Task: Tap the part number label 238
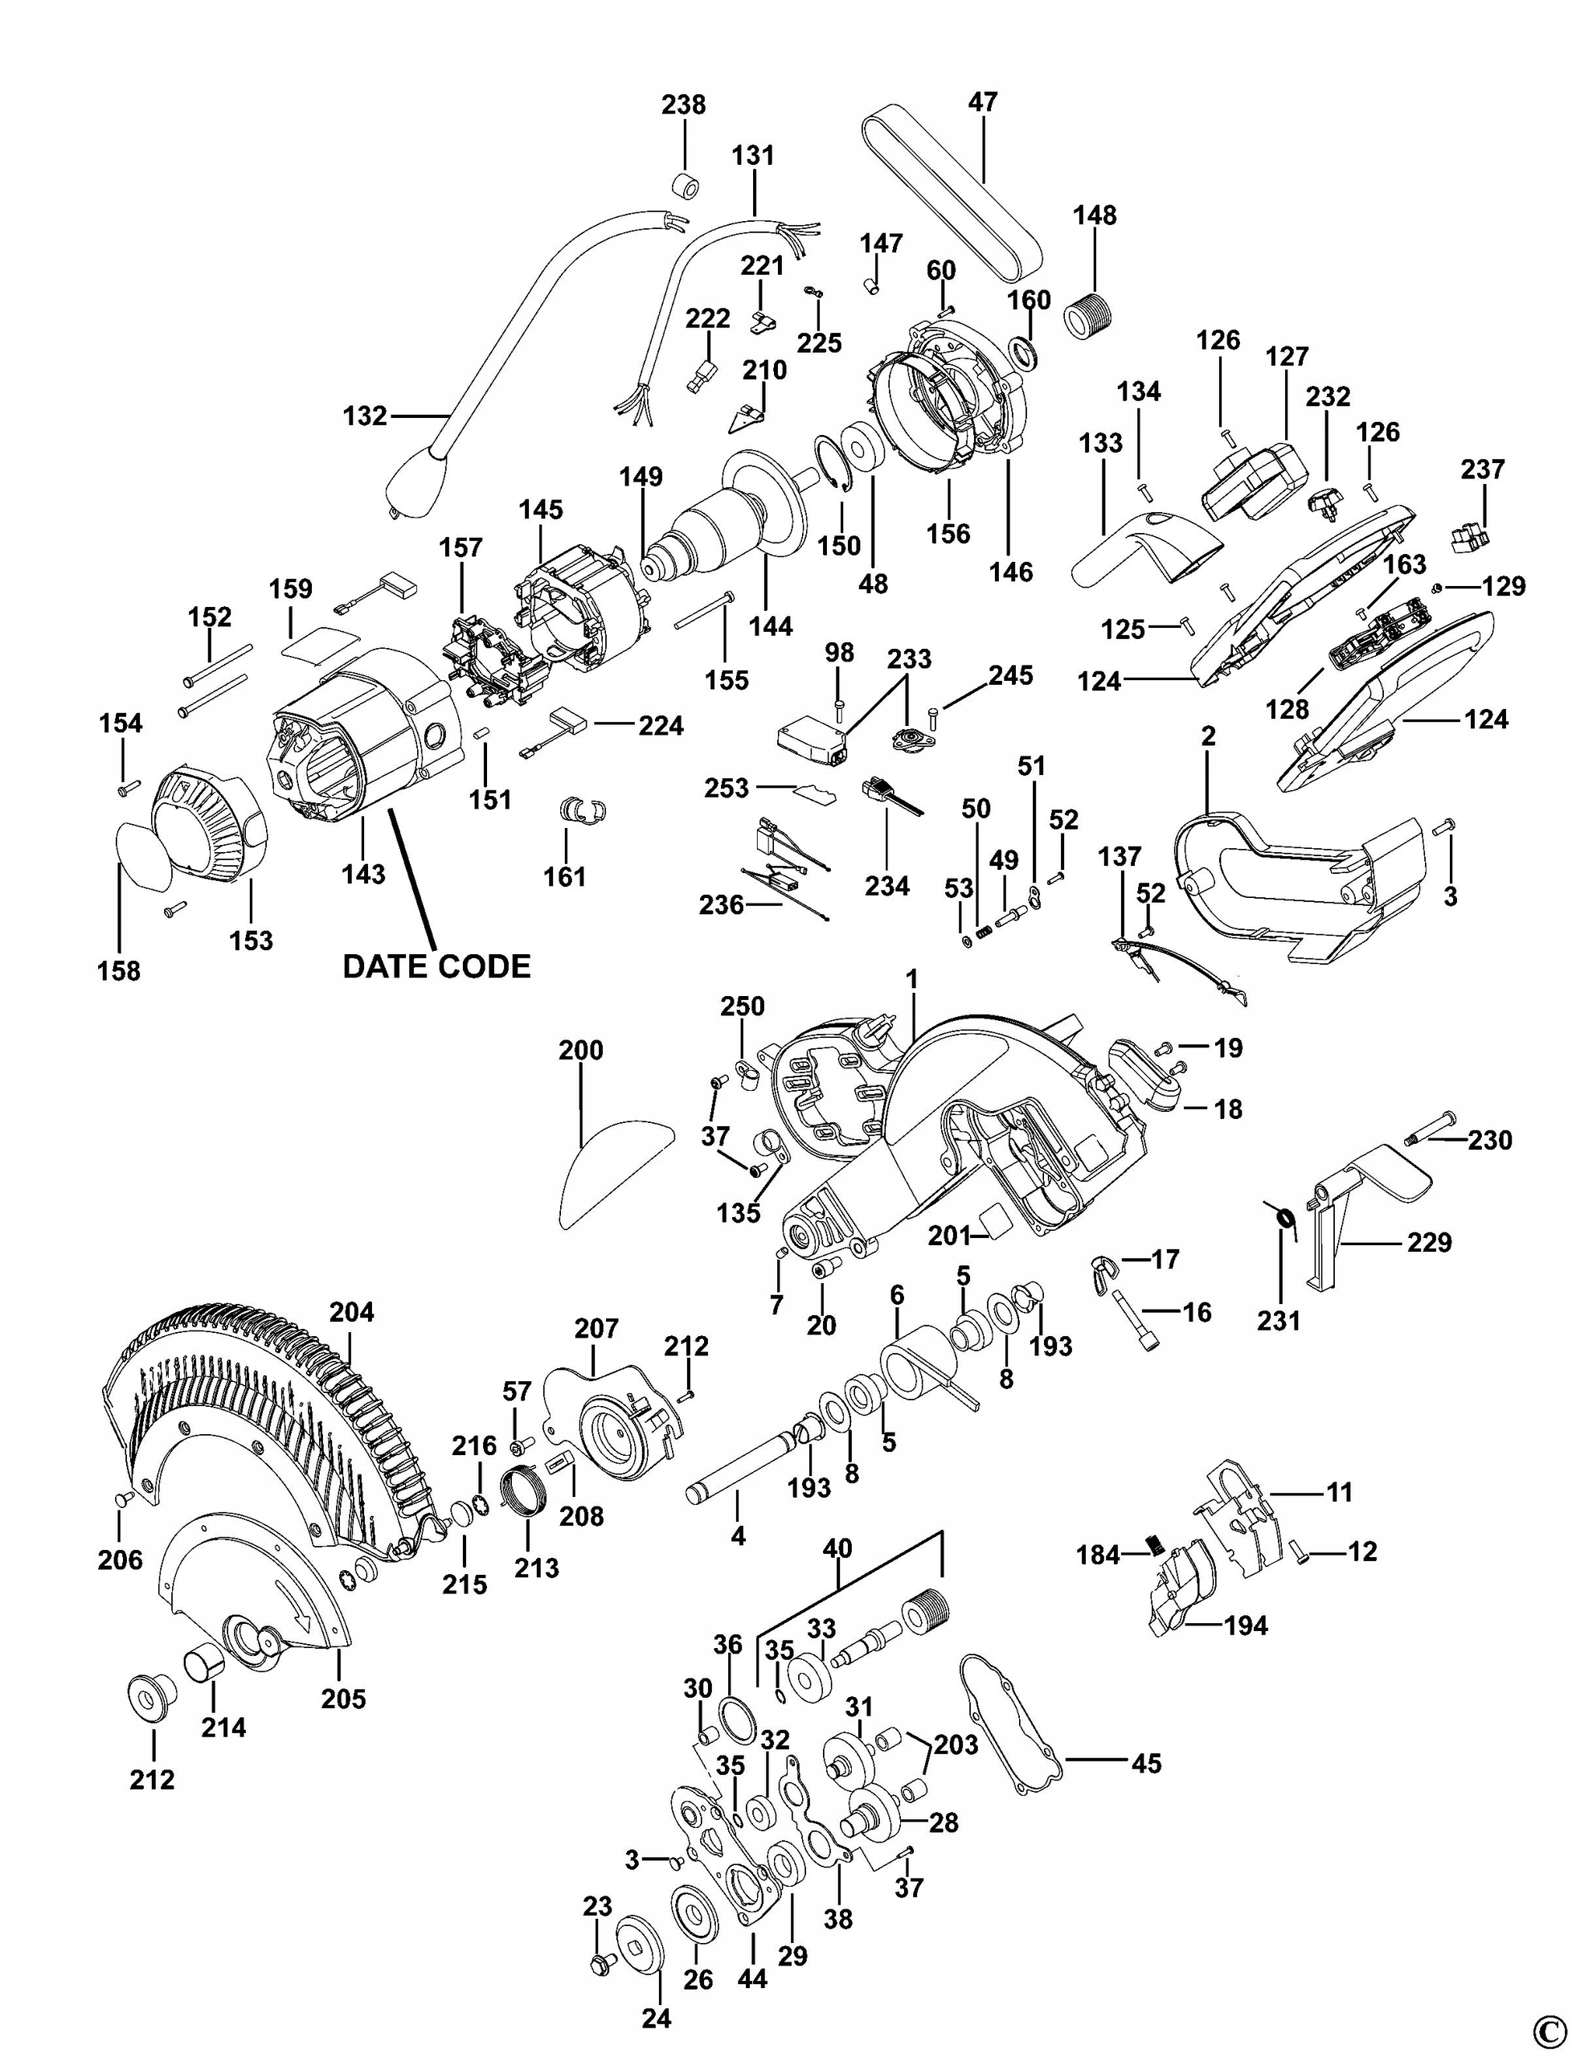[683, 104]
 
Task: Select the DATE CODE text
[436, 965]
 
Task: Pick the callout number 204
[351, 1312]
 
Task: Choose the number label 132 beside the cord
[365, 416]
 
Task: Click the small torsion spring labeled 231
[1286, 1219]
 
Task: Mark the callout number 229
[1429, 1242]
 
